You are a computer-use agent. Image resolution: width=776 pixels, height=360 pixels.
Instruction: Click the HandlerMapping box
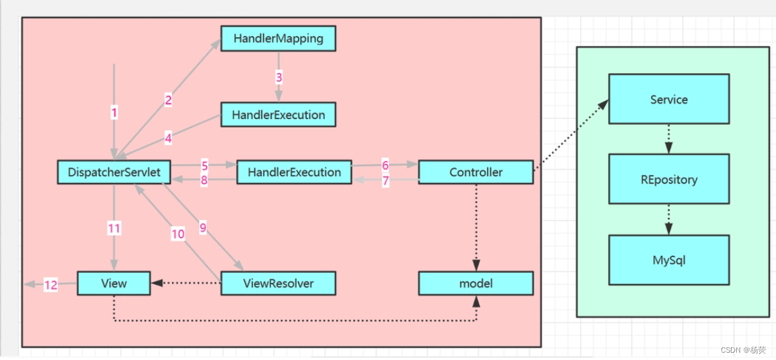tap(278, 39)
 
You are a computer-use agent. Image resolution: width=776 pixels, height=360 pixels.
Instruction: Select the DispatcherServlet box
tap(114, 172)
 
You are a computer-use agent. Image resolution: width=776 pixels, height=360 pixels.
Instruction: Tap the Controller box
tap(475, 172)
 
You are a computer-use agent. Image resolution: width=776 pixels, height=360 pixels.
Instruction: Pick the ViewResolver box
tap(277, 284)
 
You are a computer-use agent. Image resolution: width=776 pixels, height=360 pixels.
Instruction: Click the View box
tap(114, 284)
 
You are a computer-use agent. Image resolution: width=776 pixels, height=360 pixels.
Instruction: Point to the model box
tap(475, 284)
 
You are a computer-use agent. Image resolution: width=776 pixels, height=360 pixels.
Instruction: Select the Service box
tap(668, 100)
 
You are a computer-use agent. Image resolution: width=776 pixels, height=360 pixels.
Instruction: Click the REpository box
tap(668, 179)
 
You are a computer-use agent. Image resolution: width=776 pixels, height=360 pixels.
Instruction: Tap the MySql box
tap(668, 259)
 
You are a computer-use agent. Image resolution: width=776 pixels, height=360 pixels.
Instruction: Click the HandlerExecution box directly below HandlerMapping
tap(278, 115)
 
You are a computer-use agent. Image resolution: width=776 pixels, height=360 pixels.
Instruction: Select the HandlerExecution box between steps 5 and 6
tap(294, 172)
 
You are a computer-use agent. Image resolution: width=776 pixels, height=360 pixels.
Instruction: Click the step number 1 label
tap(114, 113)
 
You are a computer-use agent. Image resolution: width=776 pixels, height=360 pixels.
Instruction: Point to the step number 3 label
tap(279, 77)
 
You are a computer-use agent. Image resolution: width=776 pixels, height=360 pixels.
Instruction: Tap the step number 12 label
tap(51, 285)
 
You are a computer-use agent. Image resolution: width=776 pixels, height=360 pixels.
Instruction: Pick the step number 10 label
tap(178, 234)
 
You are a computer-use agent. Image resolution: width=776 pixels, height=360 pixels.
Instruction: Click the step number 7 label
tap(385, 181)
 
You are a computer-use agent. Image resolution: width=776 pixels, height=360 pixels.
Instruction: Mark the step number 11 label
tap(114, 228)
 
